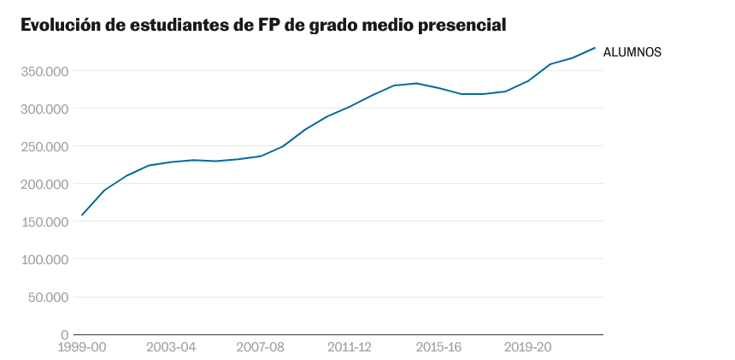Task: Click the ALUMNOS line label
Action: (632, 52)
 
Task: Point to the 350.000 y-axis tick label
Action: (44, 71)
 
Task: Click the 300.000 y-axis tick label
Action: (44, 109)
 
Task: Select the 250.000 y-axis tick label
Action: (44, 146)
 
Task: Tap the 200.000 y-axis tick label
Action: (44, 184)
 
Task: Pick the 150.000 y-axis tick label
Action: (44, 221)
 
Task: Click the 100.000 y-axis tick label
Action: (44, 259)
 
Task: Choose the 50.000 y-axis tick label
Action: (48, 297)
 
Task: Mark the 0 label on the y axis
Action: (64, 334)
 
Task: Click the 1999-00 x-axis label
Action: (82, 347)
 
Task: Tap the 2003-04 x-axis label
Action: (171, 347)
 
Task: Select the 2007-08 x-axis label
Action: (260, 347)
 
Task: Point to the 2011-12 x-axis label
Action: (350, 347)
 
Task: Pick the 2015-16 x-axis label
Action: (438, 347)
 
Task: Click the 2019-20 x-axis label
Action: (527, 347)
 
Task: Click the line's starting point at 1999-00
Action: (82, 215)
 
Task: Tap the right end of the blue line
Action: (595, 48)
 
